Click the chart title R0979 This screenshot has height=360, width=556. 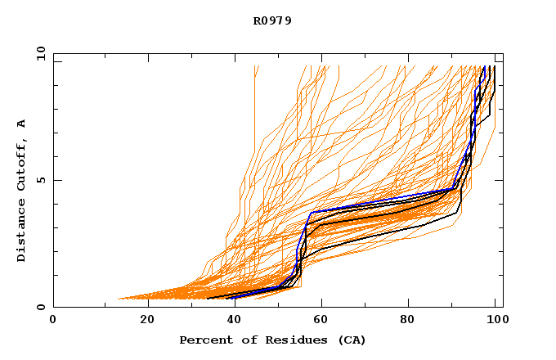(x=272, y=20)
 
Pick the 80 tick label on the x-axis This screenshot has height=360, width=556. (x=412, y=319)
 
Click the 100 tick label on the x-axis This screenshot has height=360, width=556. (x=497, y=319)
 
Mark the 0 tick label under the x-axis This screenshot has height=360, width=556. (x=53, y=319)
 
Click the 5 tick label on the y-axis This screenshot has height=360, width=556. (x=41, y=180)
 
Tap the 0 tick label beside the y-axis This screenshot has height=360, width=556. (x=41, y=307)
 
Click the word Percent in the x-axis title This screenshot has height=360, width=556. (x=202, y=340)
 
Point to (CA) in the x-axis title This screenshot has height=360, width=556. (x=350, y=340)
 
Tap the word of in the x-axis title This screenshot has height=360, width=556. (x=239, y=340)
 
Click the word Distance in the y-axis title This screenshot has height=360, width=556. (x=22, y=231)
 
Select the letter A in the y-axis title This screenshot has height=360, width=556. (x=22, y=123)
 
